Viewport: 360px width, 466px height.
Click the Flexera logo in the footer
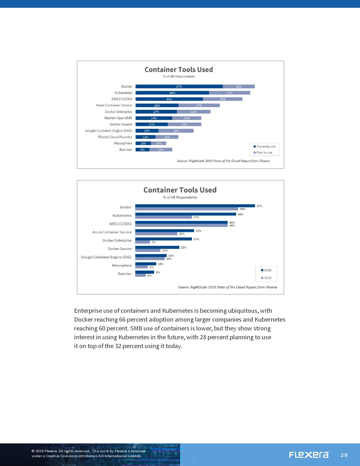309,455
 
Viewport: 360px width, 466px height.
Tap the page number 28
344,455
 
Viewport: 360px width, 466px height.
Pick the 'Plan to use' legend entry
263,153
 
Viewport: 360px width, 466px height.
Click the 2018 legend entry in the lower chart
266,278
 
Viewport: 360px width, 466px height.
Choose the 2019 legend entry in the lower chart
266,270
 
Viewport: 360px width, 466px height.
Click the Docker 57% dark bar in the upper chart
179,86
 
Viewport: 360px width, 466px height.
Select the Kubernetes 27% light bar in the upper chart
229,93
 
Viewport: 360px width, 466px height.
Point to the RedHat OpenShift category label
118,118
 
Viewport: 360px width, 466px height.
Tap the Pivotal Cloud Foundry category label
115,137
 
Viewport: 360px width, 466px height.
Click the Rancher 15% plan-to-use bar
161,150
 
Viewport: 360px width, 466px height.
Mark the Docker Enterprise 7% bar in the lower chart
143,242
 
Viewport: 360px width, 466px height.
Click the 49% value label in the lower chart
242,209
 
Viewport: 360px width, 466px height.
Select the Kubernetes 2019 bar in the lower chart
185,214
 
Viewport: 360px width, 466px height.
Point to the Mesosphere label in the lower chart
121,265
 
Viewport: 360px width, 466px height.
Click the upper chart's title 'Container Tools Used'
179,70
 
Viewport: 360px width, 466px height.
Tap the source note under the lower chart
227,287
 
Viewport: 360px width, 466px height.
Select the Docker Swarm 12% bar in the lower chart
148,250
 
